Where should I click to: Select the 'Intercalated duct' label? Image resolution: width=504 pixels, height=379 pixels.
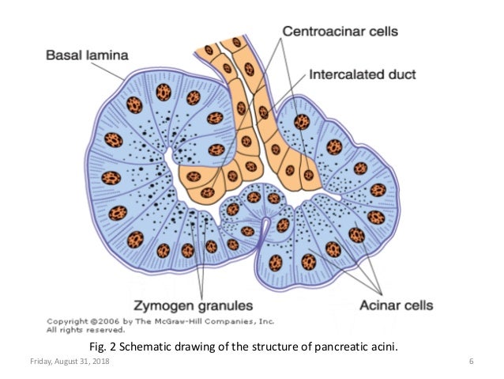pos(363,77)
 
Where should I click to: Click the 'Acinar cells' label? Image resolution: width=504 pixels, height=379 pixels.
pos(389,305)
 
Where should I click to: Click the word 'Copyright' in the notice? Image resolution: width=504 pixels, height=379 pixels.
pos(66,322)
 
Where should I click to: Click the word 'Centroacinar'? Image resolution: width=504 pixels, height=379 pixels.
pos(314,32)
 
